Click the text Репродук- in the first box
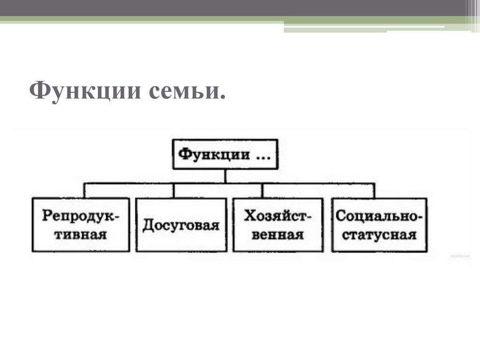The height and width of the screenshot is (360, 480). coord(81,217)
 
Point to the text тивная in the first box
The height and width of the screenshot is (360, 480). coord(81,233)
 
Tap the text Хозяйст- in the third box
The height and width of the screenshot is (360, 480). coord(277,217)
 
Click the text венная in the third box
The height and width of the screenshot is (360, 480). coord(277,233)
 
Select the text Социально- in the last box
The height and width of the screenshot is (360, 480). coord(379,217)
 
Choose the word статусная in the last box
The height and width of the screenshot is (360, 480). coord(379,233)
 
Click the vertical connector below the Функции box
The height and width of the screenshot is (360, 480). coord(225,176)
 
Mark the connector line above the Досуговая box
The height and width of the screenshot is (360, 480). coord(174,190)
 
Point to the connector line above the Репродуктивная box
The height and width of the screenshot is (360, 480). coord(84,190)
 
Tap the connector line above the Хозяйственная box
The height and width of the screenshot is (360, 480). coord(263,190)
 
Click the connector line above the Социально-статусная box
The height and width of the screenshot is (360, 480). coord(375,190)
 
